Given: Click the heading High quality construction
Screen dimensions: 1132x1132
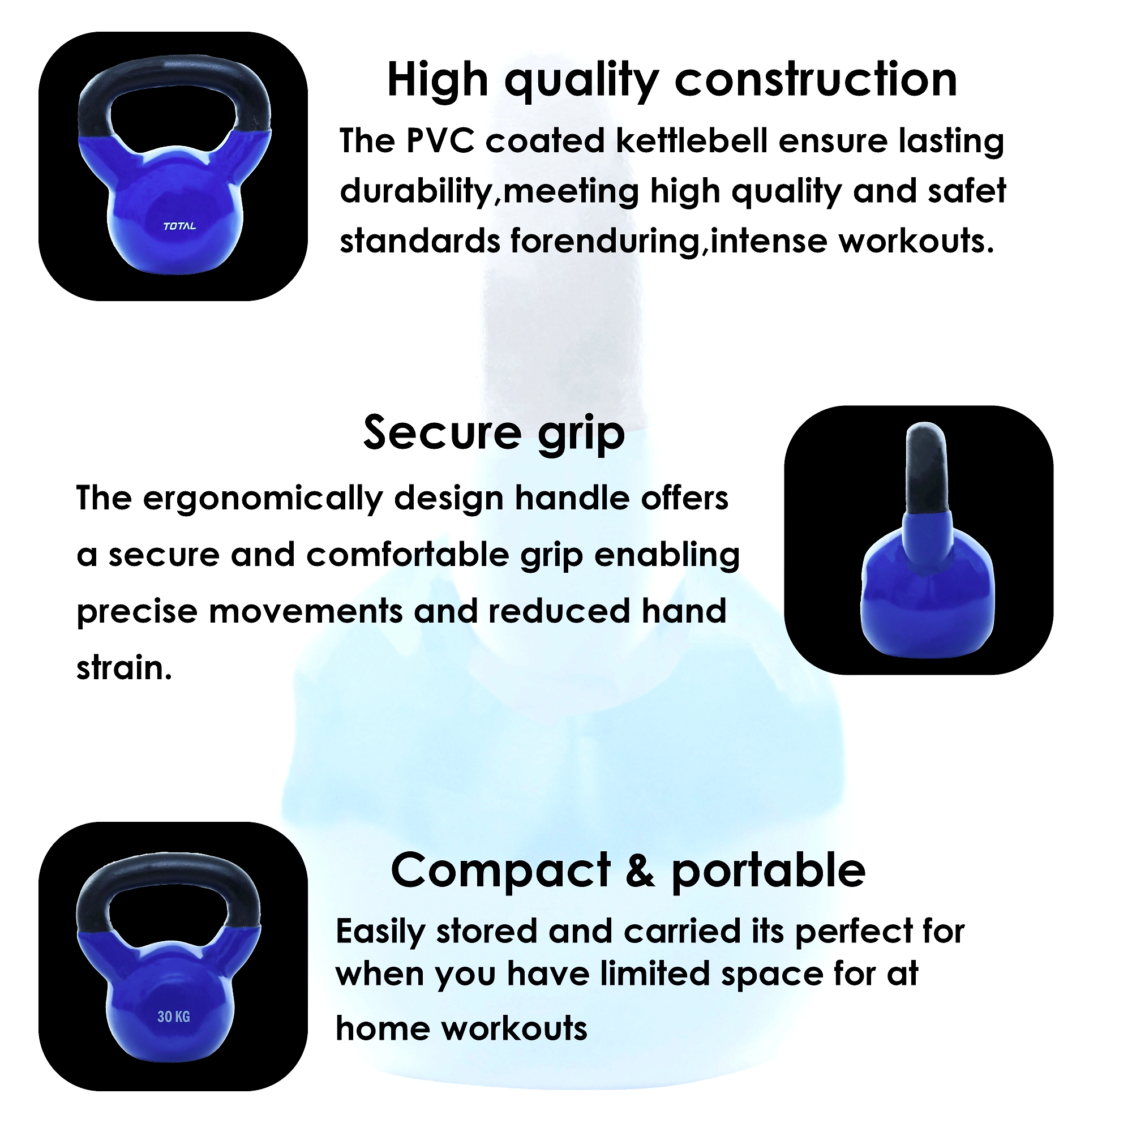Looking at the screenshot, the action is tap(672, 81).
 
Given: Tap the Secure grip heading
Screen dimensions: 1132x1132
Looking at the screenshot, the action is tap(494, 434).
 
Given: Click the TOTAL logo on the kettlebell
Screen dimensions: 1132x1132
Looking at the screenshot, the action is tap(179, 226).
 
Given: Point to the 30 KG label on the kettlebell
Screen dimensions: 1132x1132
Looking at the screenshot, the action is tap(173, 1017).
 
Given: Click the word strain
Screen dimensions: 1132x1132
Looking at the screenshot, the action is tap(124, 668).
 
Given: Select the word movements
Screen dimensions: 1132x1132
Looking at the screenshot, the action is tap(305, 612).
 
